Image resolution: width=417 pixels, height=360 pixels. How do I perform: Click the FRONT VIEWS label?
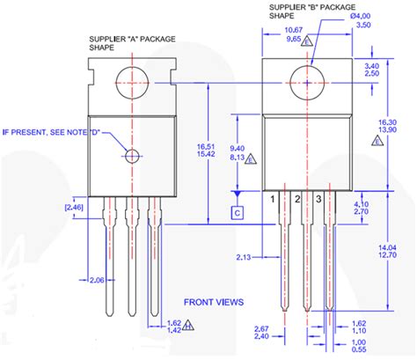(x=213, y=301)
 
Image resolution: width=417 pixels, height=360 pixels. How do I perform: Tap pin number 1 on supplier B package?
(x=274, y=201)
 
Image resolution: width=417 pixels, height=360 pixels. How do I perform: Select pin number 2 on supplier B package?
(x=297, y=201)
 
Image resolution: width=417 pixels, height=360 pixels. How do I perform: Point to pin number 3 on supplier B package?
(x=319, y=201)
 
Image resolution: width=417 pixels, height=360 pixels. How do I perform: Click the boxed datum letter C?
(x=236, y=212)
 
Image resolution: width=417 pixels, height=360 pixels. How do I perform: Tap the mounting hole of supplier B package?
(x=312, y=73)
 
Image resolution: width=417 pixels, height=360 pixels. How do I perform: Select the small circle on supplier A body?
(x=132, y=157)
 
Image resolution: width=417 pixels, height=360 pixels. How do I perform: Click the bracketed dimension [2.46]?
(x=74, y=208)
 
